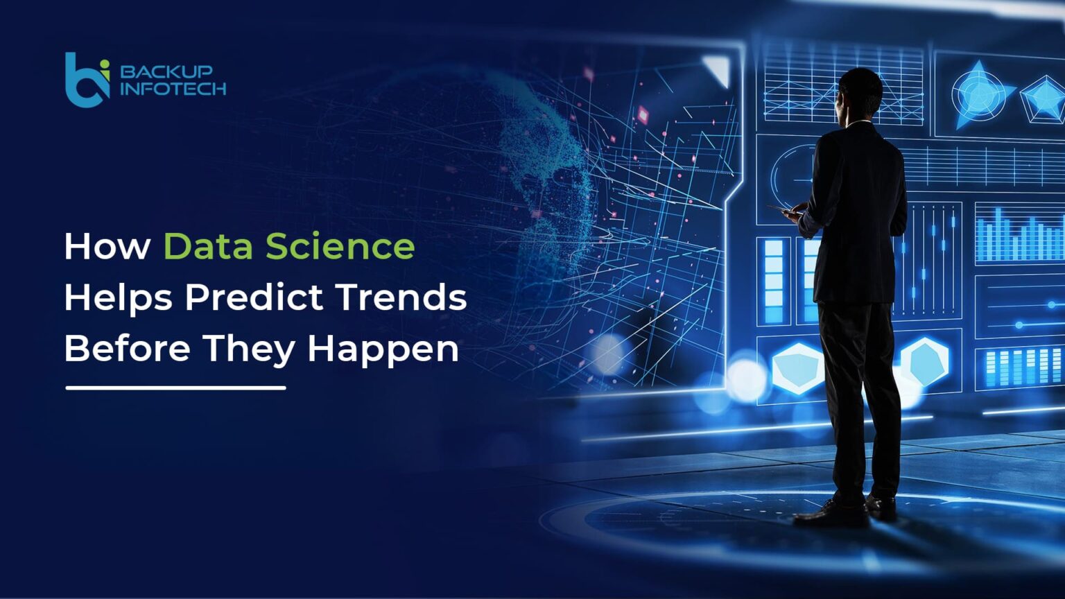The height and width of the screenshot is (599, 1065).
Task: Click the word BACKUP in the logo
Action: pyautogui.click(x=166, y=71)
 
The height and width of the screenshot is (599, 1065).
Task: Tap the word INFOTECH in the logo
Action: pyautogui.click(x=173, y=89)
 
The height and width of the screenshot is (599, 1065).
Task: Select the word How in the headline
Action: pyautogui.click(x=107, y=247)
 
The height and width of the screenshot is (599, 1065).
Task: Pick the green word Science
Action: pyautogui.click(x=340, y=247)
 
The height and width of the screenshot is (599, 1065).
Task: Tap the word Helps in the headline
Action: pyautogui.click(x=117, y=298)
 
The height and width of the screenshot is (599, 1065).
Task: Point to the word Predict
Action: pyautogui.click(x=254, y=298)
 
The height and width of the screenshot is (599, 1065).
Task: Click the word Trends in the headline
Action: pyautogui.click(x=401, y=298)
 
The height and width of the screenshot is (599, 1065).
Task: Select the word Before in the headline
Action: pyautogui.click(x=127, y=348)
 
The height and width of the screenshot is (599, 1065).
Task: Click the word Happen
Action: pyautogui.click(x=383, y=349)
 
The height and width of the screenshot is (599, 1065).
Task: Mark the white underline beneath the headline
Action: pyautogui.click(x=175, y=388)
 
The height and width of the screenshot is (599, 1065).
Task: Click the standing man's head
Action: pyautogui.click(x=860, y=91)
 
